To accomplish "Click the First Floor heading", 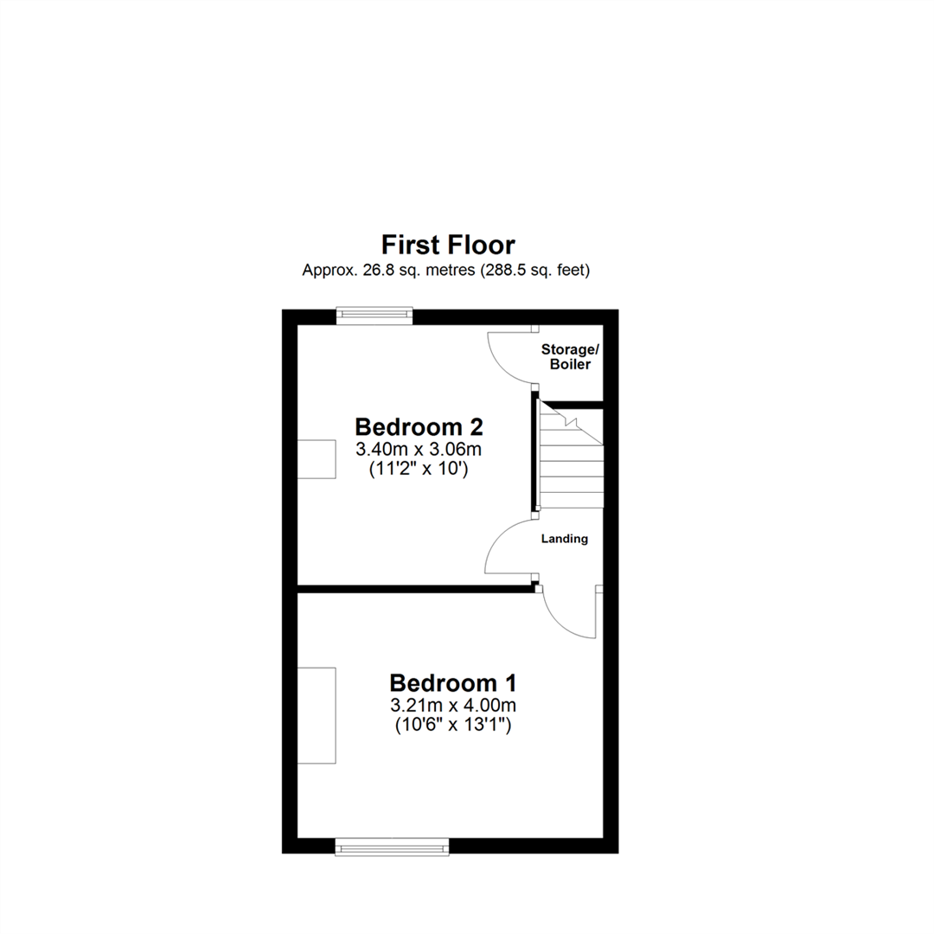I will [449, 245].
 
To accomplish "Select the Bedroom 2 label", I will [419, 427].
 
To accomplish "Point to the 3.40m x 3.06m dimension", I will [419, 450].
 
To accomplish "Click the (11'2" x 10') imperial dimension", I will [419, 470].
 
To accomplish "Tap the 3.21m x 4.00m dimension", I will [451, 706].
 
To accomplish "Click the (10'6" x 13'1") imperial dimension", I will [451, 726].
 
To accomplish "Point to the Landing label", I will [565, 539].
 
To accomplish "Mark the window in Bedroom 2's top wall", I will [374, 317].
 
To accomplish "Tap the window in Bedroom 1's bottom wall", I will [393, 847].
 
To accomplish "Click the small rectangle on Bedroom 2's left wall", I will [317, 458].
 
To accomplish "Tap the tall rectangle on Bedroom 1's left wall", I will [317, 715].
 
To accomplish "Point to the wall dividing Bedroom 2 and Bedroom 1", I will [415, 589].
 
